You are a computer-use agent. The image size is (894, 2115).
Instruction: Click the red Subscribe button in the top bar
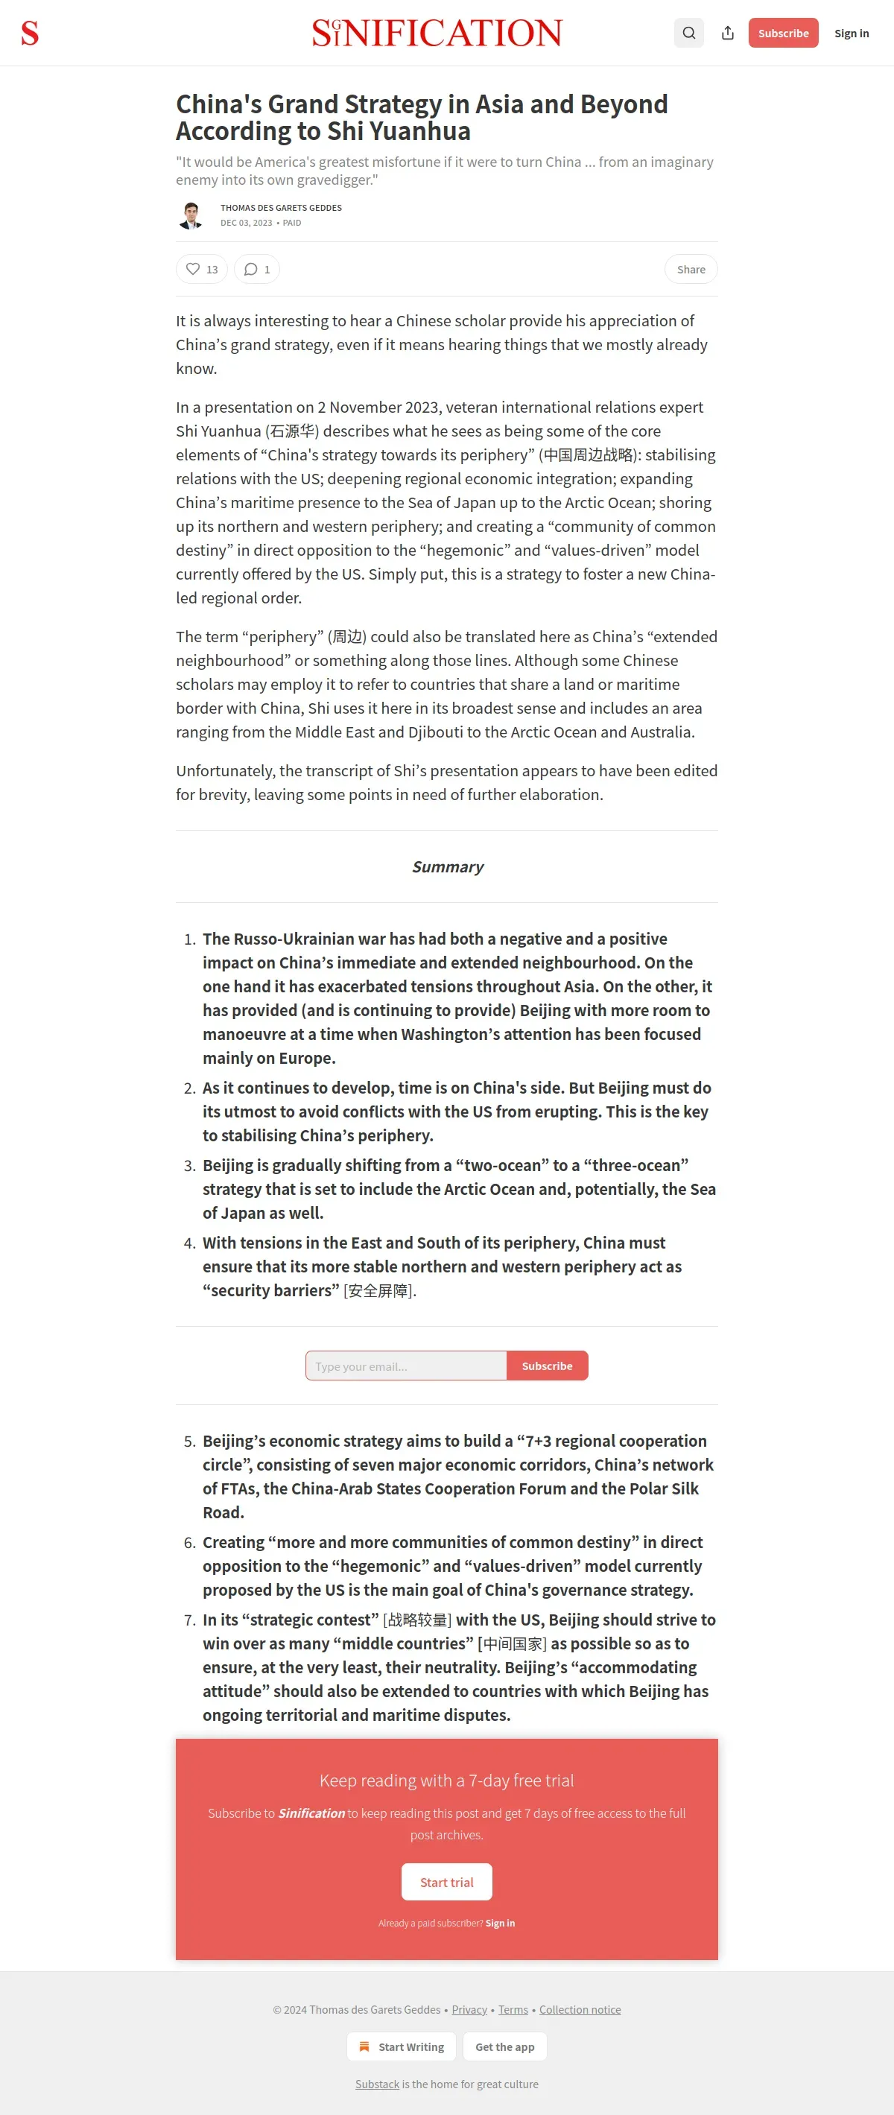tap(782, 33)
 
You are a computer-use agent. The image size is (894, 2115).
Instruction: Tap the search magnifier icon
tap(689, 33)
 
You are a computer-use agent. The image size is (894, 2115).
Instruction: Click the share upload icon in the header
tap(727, 33)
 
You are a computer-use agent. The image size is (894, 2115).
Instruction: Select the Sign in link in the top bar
tap(852, 34)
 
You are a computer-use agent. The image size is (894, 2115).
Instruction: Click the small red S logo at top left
tap(30, 34)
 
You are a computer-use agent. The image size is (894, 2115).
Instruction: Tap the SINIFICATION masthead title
tap(437, 33)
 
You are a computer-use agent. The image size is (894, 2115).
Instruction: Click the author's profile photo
tap(191, 215)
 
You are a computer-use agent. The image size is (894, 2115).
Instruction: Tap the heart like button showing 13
tap(201, 269)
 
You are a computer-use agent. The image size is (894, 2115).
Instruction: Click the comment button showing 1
tap(257, 269)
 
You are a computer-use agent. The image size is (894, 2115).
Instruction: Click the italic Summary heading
tap(448, 867)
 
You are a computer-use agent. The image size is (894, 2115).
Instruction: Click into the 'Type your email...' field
tap(405, 1366)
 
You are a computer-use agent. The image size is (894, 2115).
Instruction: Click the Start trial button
tap(446, 1882)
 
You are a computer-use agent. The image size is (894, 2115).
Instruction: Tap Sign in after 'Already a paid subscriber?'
tap(500, 1923)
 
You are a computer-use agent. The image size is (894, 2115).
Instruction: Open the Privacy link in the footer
tap(469, 2010)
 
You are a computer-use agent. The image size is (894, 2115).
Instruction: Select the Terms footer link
tap(513, 2010)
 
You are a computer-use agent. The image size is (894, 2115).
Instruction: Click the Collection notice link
tap(580, 2010)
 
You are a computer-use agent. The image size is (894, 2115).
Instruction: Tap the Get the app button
tap(504, 2047)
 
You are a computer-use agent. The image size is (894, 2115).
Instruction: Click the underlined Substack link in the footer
tap(377, 2084)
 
